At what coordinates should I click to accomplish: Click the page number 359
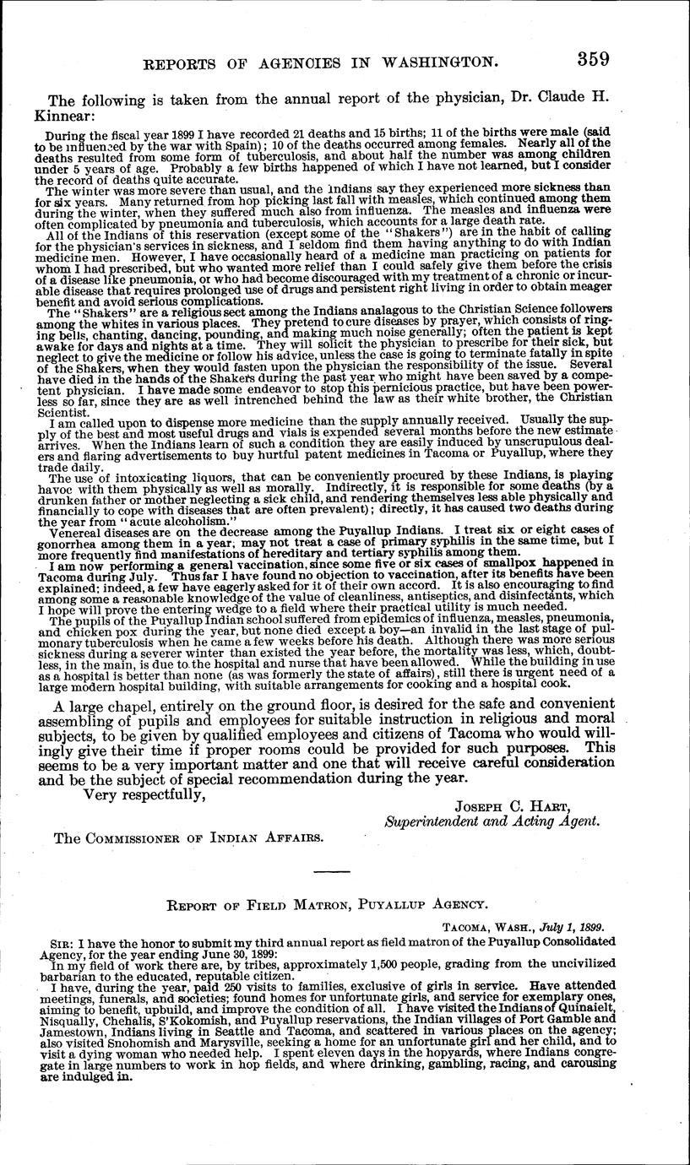point(593,58)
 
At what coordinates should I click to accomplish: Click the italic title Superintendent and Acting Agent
point(492,821)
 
